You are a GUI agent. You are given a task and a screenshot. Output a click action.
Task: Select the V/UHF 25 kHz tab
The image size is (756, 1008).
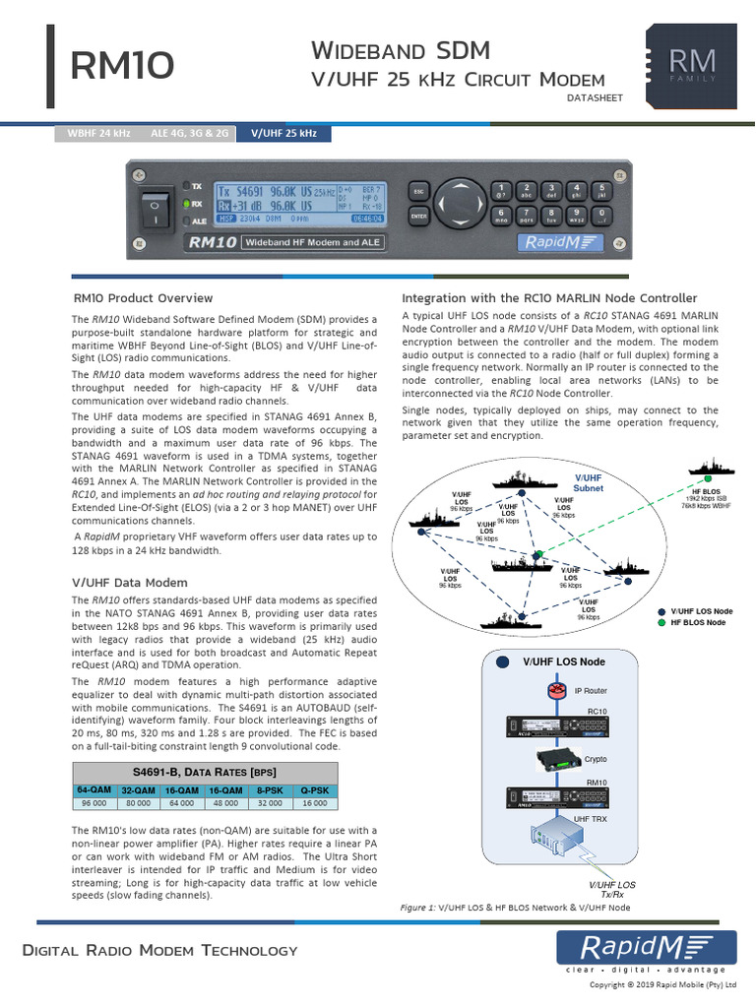[x=283, y=133]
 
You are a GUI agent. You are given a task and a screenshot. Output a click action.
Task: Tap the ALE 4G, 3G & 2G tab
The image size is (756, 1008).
[x=190, y=133]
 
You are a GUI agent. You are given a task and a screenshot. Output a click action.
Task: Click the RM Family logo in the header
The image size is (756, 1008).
[x=693, y=64]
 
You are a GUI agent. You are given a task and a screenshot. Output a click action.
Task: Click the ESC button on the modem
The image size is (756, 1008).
[x=418, y=191]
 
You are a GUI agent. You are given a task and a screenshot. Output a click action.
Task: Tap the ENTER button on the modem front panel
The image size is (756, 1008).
[x=418, y=216]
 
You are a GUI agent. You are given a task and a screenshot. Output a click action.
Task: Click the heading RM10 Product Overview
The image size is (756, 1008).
[x=144, y=297]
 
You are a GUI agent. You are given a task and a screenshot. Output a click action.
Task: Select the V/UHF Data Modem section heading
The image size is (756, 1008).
[x=130, y=583]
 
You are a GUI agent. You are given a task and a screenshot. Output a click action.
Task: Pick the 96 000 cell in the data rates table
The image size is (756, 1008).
[x=94, y=803]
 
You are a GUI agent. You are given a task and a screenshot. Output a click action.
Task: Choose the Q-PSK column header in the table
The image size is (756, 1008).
[x=315, y=789]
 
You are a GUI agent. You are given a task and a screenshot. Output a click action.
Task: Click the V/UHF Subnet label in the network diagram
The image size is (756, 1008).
[x=589, y=482]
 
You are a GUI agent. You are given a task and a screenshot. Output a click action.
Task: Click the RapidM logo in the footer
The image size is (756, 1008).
[x=646, y=948]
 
